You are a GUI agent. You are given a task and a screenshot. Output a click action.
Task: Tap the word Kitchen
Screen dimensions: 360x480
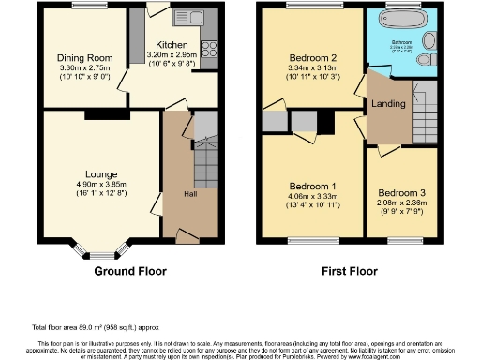pyautogui.click(x=171, y=44)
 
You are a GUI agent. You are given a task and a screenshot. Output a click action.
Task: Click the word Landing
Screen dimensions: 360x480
pyautogui.click(x=388, y=103)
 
